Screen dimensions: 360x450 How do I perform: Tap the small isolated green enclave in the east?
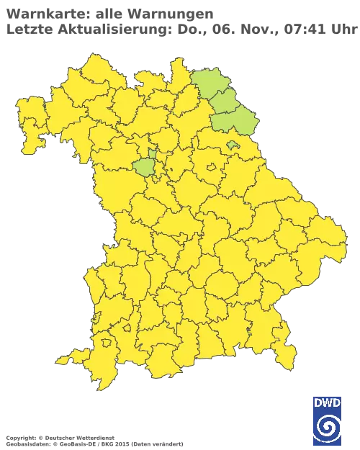(233, 145)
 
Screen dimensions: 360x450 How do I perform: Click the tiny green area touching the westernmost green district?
(152, 153)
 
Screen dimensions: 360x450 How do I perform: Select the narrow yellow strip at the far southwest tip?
(68, 358)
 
